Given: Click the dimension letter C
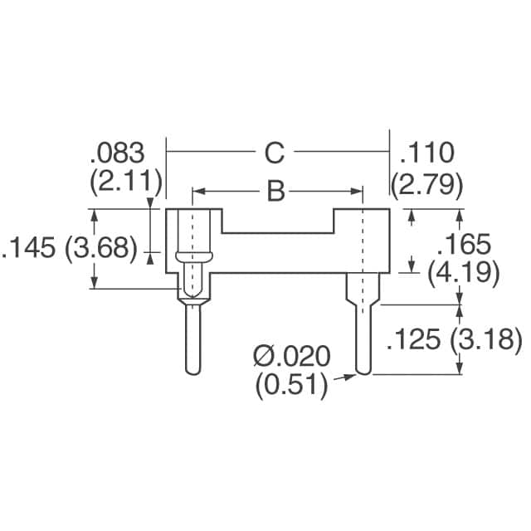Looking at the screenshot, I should coord(275,153).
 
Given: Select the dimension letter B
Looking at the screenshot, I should coord(275,192).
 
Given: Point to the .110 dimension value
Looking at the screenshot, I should coord(427,153).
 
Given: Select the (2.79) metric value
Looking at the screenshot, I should coord(427,183).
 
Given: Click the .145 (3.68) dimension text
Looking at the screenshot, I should coord(70,249).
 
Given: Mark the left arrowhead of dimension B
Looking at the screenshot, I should coord(197,192).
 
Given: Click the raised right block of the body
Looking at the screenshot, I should coord(362,241).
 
